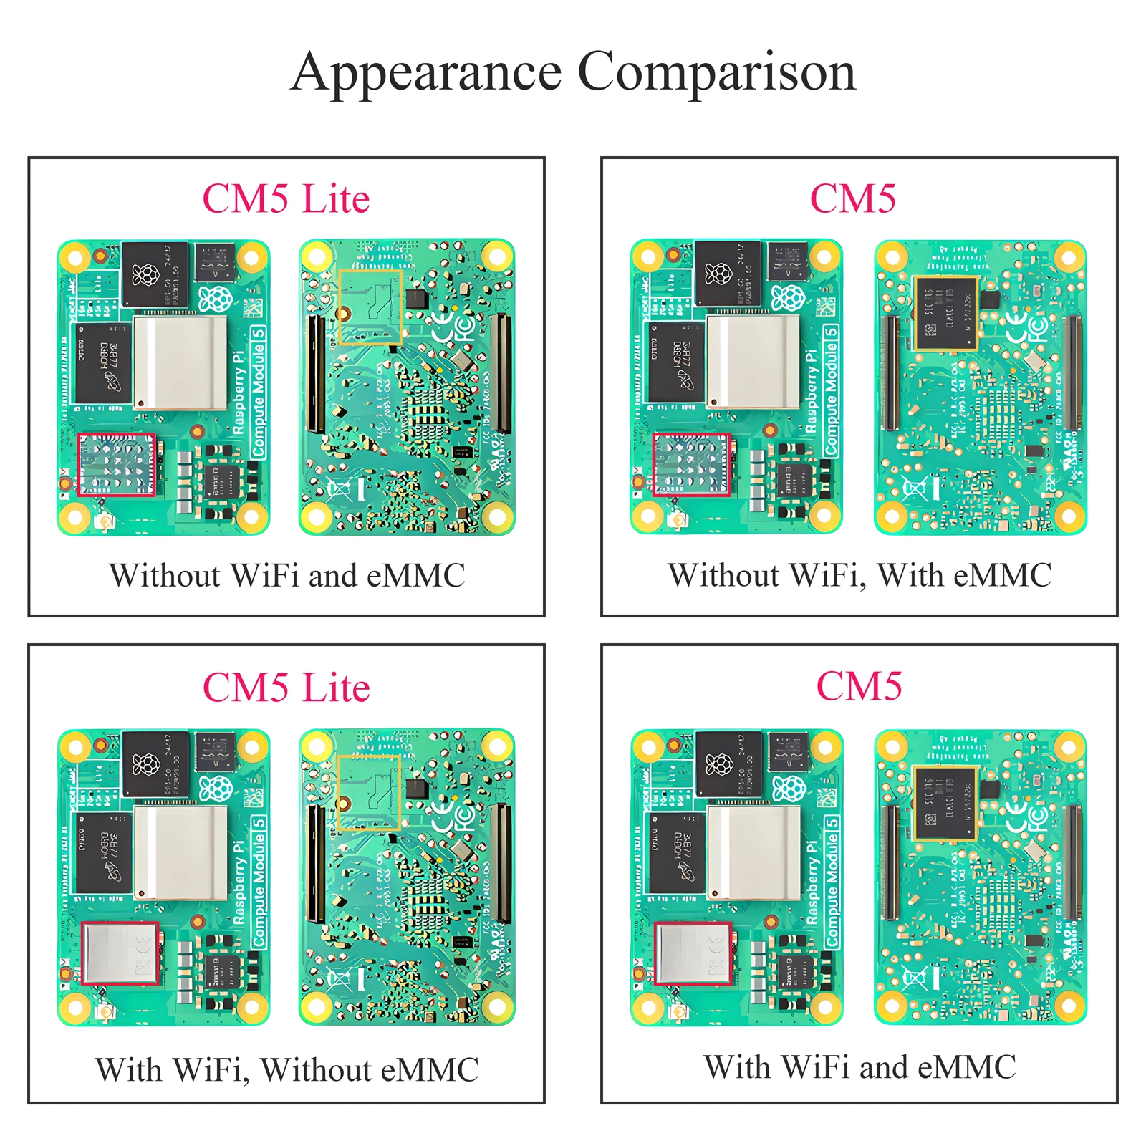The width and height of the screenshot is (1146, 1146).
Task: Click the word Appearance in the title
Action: tap(427, 73)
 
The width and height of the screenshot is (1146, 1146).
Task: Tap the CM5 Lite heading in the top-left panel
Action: tap(286, 198)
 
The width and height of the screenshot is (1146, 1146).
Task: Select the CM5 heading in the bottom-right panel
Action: tap(859, 686)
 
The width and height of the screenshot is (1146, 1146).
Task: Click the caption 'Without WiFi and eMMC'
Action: tap(286, 575)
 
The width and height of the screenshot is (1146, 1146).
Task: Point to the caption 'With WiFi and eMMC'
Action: tap(860, 1066)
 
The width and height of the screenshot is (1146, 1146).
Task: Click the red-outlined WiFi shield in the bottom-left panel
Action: tap(120, 953)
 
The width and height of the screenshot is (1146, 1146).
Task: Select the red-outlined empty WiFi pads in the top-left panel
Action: tap(117, 464)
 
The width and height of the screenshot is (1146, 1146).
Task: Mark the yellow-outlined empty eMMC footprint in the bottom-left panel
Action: tap(369, 792)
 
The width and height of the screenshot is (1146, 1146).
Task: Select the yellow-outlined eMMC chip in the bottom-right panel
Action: tap(945, 802)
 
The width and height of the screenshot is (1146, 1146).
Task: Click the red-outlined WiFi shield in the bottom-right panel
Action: tap(693, 953)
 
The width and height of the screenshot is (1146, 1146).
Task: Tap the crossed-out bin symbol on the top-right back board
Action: tap(914, 490)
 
